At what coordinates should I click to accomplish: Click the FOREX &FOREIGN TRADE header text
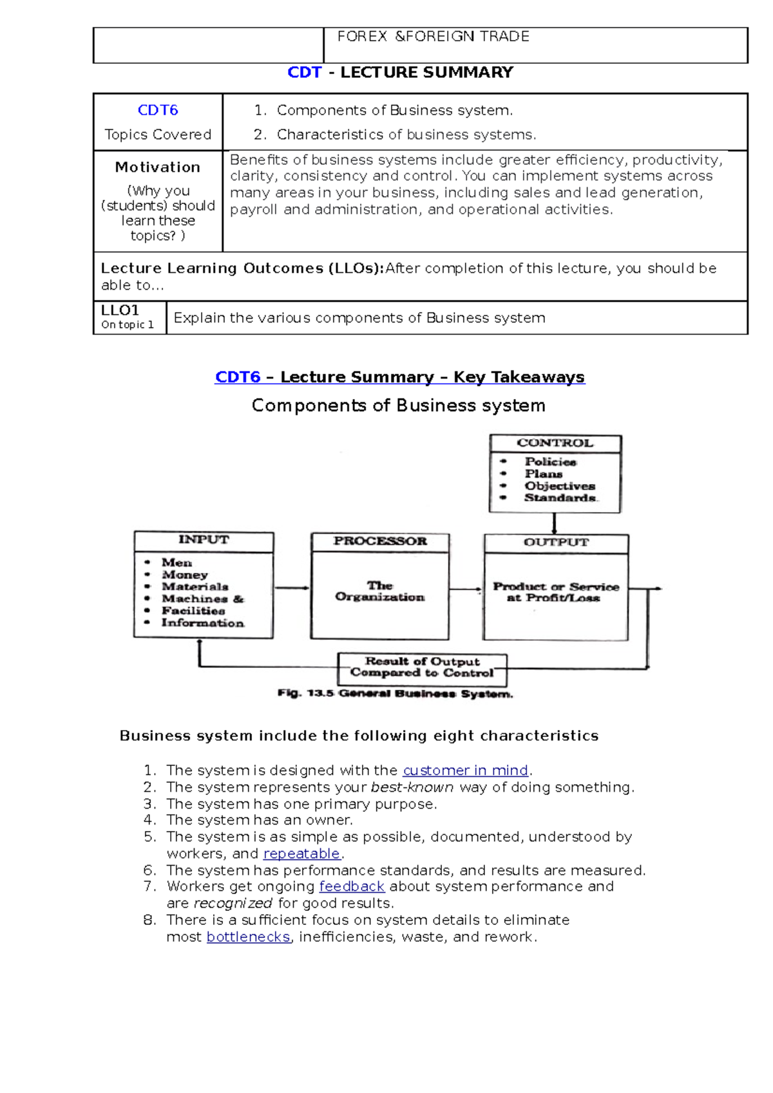click(x=433, y=37)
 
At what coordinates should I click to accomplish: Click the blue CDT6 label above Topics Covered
click(x=158, y=110)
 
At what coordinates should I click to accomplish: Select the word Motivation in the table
click(x=158, y=167)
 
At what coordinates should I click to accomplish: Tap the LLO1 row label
click(x=120, y=310)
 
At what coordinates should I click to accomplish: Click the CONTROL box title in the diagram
click(x=555, y=443)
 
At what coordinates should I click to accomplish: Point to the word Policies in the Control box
click(x=550, y=462)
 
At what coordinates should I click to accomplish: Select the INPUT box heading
click(x=204, y=540)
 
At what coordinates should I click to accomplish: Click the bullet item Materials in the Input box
click(x=195, y=586)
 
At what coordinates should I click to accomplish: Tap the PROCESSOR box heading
click(x=380, y=541)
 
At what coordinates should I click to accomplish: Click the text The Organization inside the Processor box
click(x=380, y=591)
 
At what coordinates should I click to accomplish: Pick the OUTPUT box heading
click(x=556, y=543)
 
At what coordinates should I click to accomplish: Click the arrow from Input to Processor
click(x=292, y=588)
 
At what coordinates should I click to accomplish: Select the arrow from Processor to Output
click(x=466, y=589)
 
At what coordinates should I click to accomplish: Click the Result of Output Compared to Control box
click(x=423, y=668)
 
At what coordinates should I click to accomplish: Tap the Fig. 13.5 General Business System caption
click(x=395, y=693)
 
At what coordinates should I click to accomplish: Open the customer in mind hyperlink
click(x=465, y=771)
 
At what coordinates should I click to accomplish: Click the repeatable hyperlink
click(x=301, y=854)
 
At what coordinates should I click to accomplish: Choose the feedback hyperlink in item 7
click(x=352, y=886)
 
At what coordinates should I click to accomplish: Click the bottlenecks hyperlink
click(x=248, y=937)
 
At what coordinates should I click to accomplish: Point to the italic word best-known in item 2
click(x=412, y=787)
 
